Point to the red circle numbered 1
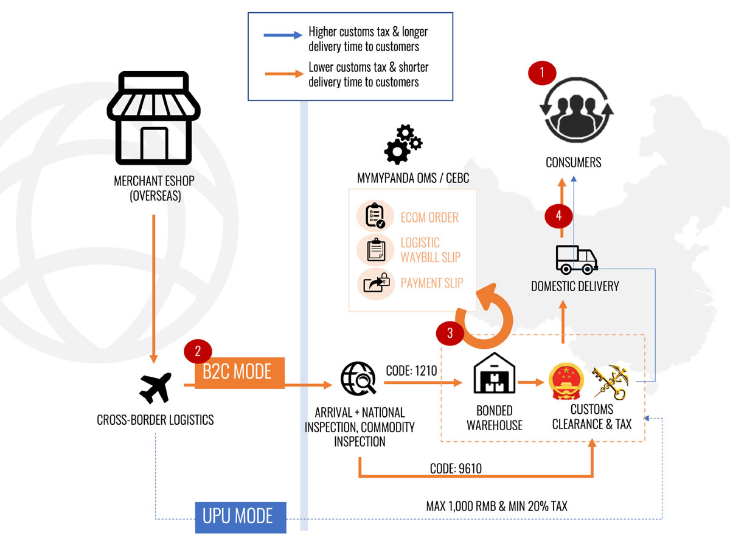click(542, 73)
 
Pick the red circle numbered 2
click(198, 351)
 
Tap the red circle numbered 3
click(450, 333)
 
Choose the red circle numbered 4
click(559, 216)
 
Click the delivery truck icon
click(576, 259)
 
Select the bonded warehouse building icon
click(494, 373)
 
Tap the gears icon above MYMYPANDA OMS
click(403, 144)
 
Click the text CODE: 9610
click(456, 468)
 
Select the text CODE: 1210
click(411, 371)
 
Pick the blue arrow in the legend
click(283, 35)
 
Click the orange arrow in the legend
click(284, 74)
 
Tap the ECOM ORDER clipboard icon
click(375, 216)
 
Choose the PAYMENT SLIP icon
click(376, 283)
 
